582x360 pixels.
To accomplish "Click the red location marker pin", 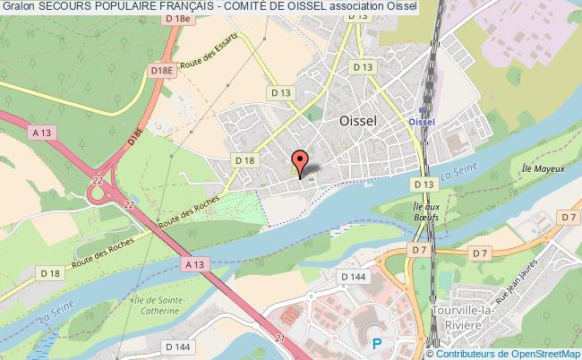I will pos(300,161).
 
